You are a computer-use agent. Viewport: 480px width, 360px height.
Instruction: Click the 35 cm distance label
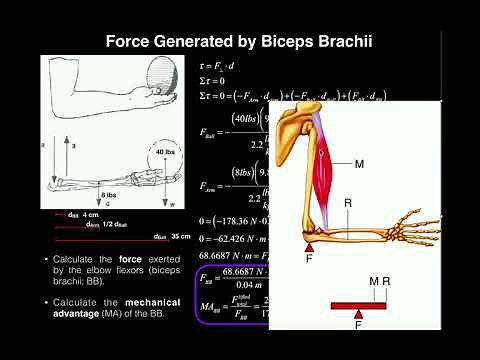[x=180, y=237]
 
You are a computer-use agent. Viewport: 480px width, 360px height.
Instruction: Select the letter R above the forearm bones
[x=348, y=203]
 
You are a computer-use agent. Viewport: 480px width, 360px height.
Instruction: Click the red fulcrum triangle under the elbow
[x=310, y=244]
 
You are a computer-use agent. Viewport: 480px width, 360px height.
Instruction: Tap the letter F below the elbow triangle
[x=310, y=257]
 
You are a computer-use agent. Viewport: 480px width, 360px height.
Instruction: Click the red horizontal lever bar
[x=358, y=305]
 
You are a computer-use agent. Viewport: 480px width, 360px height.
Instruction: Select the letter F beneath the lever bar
[x=358, y=324]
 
